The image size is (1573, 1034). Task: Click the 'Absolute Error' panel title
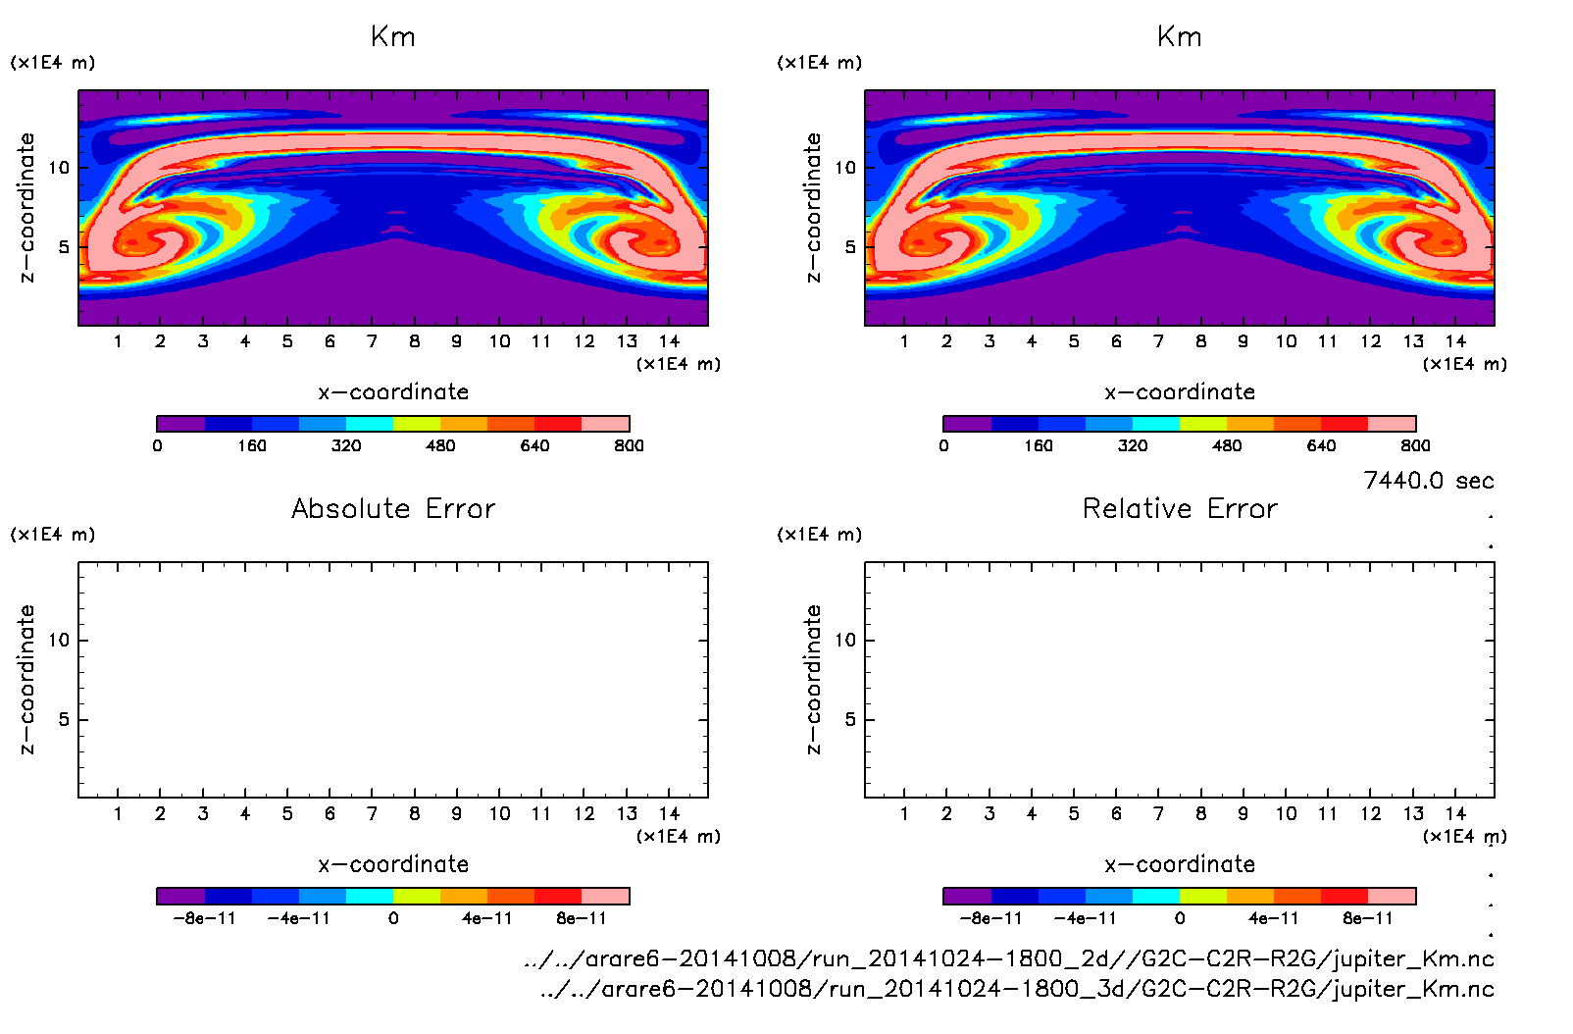[x=393, y=509]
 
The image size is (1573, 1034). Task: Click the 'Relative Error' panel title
[x=1180, y=509]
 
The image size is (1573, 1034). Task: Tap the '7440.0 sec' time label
[x=1428, y=481]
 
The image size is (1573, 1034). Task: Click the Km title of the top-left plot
[x=393, y=37]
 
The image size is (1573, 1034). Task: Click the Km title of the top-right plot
[x=1179, y=37]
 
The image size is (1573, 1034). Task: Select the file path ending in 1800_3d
[x=1017, y=989]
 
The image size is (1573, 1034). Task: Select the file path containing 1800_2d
[x=1009, y=958]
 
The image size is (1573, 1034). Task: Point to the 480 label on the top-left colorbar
[x=440, y=446]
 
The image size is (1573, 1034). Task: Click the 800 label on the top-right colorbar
[x=1415, y=446]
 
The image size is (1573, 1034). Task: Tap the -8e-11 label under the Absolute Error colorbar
[x=204, y=919]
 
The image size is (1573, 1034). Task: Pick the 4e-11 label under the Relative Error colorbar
[x=1273, y=919]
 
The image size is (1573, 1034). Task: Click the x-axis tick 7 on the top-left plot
[x=372, y=341]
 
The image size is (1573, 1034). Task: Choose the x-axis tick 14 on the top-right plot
[x=1455, y=341]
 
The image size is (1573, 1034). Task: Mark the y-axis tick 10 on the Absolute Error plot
[x=59, y=641]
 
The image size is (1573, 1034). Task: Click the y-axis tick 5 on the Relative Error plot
[x=850, y=720]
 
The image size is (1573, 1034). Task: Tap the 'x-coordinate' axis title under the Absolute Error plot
[x=393, y=864]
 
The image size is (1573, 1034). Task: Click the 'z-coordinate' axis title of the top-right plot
[x=814, y=208]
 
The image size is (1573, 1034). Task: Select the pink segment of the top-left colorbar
[x=605, y=424]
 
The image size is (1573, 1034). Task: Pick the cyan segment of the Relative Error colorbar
[x=1156, y=896]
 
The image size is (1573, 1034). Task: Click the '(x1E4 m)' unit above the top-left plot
[x=53, y=63]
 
